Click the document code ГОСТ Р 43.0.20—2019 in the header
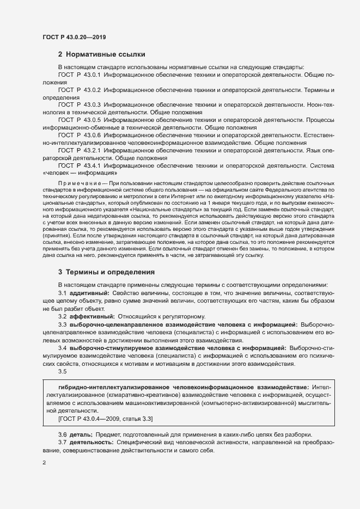[74, 37]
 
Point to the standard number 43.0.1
[93, 73]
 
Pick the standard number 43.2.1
[93, 149]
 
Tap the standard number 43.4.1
[93, 164]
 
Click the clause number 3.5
[62, 371]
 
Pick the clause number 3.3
[62, 324]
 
